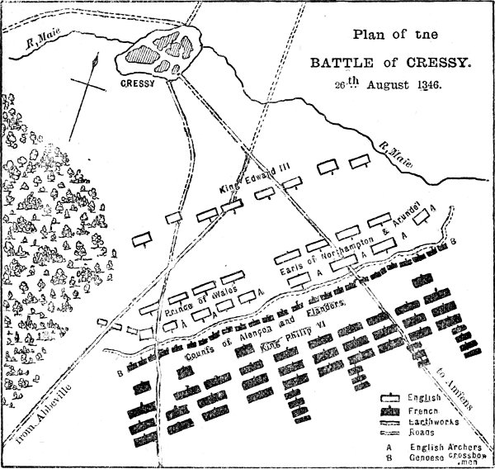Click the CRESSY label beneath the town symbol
click(x=136, y=84)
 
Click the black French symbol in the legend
click(x=389, y=410)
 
